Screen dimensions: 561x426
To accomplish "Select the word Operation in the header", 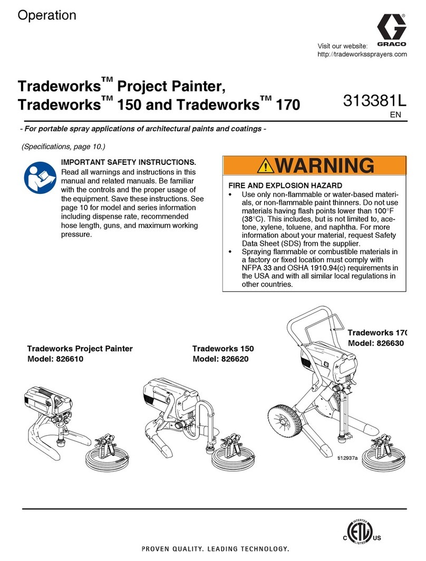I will (47, 16).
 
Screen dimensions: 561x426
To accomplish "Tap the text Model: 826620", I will (220, 359).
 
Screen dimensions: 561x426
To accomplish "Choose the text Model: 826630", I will (375, 343).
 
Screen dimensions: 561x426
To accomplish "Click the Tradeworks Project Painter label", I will (80, 349).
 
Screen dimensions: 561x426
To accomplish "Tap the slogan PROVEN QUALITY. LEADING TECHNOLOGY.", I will (216, 549).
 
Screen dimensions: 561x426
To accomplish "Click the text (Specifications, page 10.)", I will (65, 145).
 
